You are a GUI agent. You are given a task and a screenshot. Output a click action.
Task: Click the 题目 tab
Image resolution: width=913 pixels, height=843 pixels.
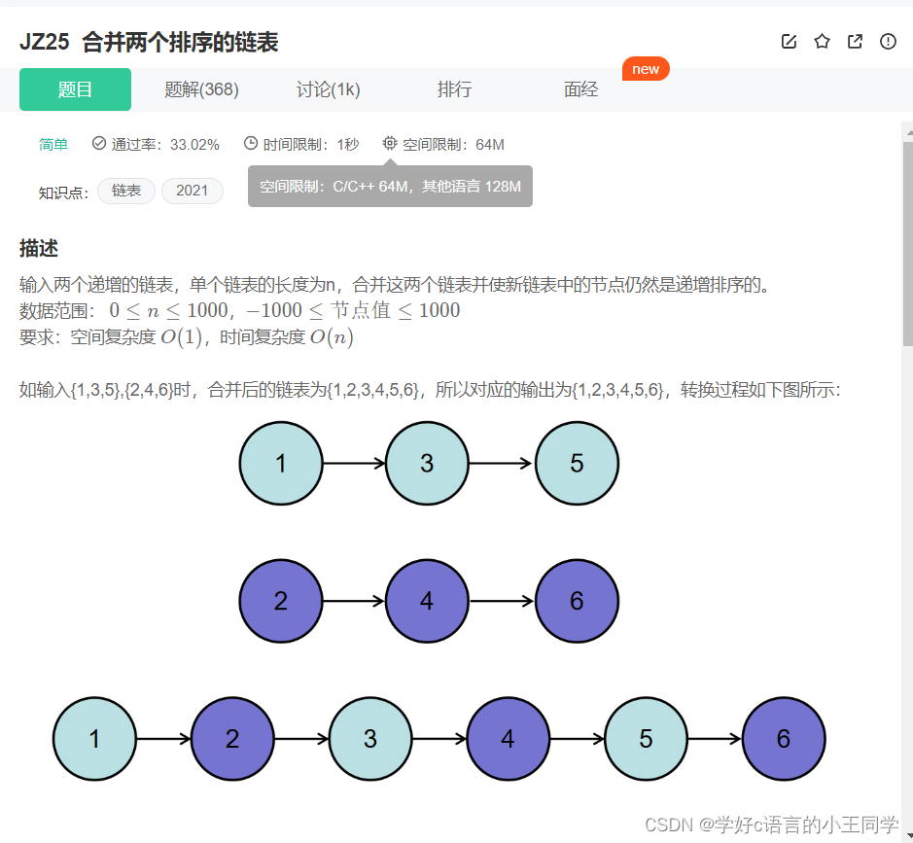click(x=75, y=89)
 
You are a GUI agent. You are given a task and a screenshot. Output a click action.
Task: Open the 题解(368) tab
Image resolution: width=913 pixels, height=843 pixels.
click(x=201, y=89)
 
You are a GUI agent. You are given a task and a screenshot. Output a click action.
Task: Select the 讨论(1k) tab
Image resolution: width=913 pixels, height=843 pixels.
click(x=328, y=89)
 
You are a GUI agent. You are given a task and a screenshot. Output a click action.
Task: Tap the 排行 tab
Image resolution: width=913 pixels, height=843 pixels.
click(x=454, y=89)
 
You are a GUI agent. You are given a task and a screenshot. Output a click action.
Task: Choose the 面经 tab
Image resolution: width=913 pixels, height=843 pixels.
click(x=580, y=89)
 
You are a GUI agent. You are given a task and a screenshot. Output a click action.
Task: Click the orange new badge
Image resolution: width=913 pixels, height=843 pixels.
click(x=646, y=69)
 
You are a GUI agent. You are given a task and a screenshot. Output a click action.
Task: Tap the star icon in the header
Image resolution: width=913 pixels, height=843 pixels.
click(x=822, y=41)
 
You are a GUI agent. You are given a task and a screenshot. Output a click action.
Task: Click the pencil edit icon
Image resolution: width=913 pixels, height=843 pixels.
click(x=789, y=41)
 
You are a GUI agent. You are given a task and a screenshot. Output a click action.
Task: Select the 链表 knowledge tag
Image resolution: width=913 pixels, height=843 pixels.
click(x=126, y=191)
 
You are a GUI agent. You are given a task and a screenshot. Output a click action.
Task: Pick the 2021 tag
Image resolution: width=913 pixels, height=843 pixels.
click(x=192, y=191)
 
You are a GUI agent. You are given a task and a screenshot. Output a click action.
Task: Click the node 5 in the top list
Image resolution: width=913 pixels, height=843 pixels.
click(x=577, y=463)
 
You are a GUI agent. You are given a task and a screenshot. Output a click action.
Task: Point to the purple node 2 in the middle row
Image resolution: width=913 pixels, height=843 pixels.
click(x=281, y=601)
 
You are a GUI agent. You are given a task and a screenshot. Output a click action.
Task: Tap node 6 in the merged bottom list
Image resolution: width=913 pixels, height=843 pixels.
click(x=784, y=739)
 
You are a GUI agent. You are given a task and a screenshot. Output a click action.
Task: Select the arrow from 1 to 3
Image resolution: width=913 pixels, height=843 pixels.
click(x=354, y=464)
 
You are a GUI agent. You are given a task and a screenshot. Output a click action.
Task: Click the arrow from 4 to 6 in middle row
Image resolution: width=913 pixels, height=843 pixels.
click(x=501, y=601)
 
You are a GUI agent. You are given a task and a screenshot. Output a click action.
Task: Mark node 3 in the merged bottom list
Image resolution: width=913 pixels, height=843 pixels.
click(x=370, y=739)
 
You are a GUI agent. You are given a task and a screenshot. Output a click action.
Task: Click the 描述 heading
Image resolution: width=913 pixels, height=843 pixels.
click(x=39, y=248)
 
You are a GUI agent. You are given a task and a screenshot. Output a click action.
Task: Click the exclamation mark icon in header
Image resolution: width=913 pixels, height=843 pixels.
click(x=888, y=41)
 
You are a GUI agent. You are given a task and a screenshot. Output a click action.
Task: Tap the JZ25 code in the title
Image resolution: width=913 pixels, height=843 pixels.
click(x=44, y=42)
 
